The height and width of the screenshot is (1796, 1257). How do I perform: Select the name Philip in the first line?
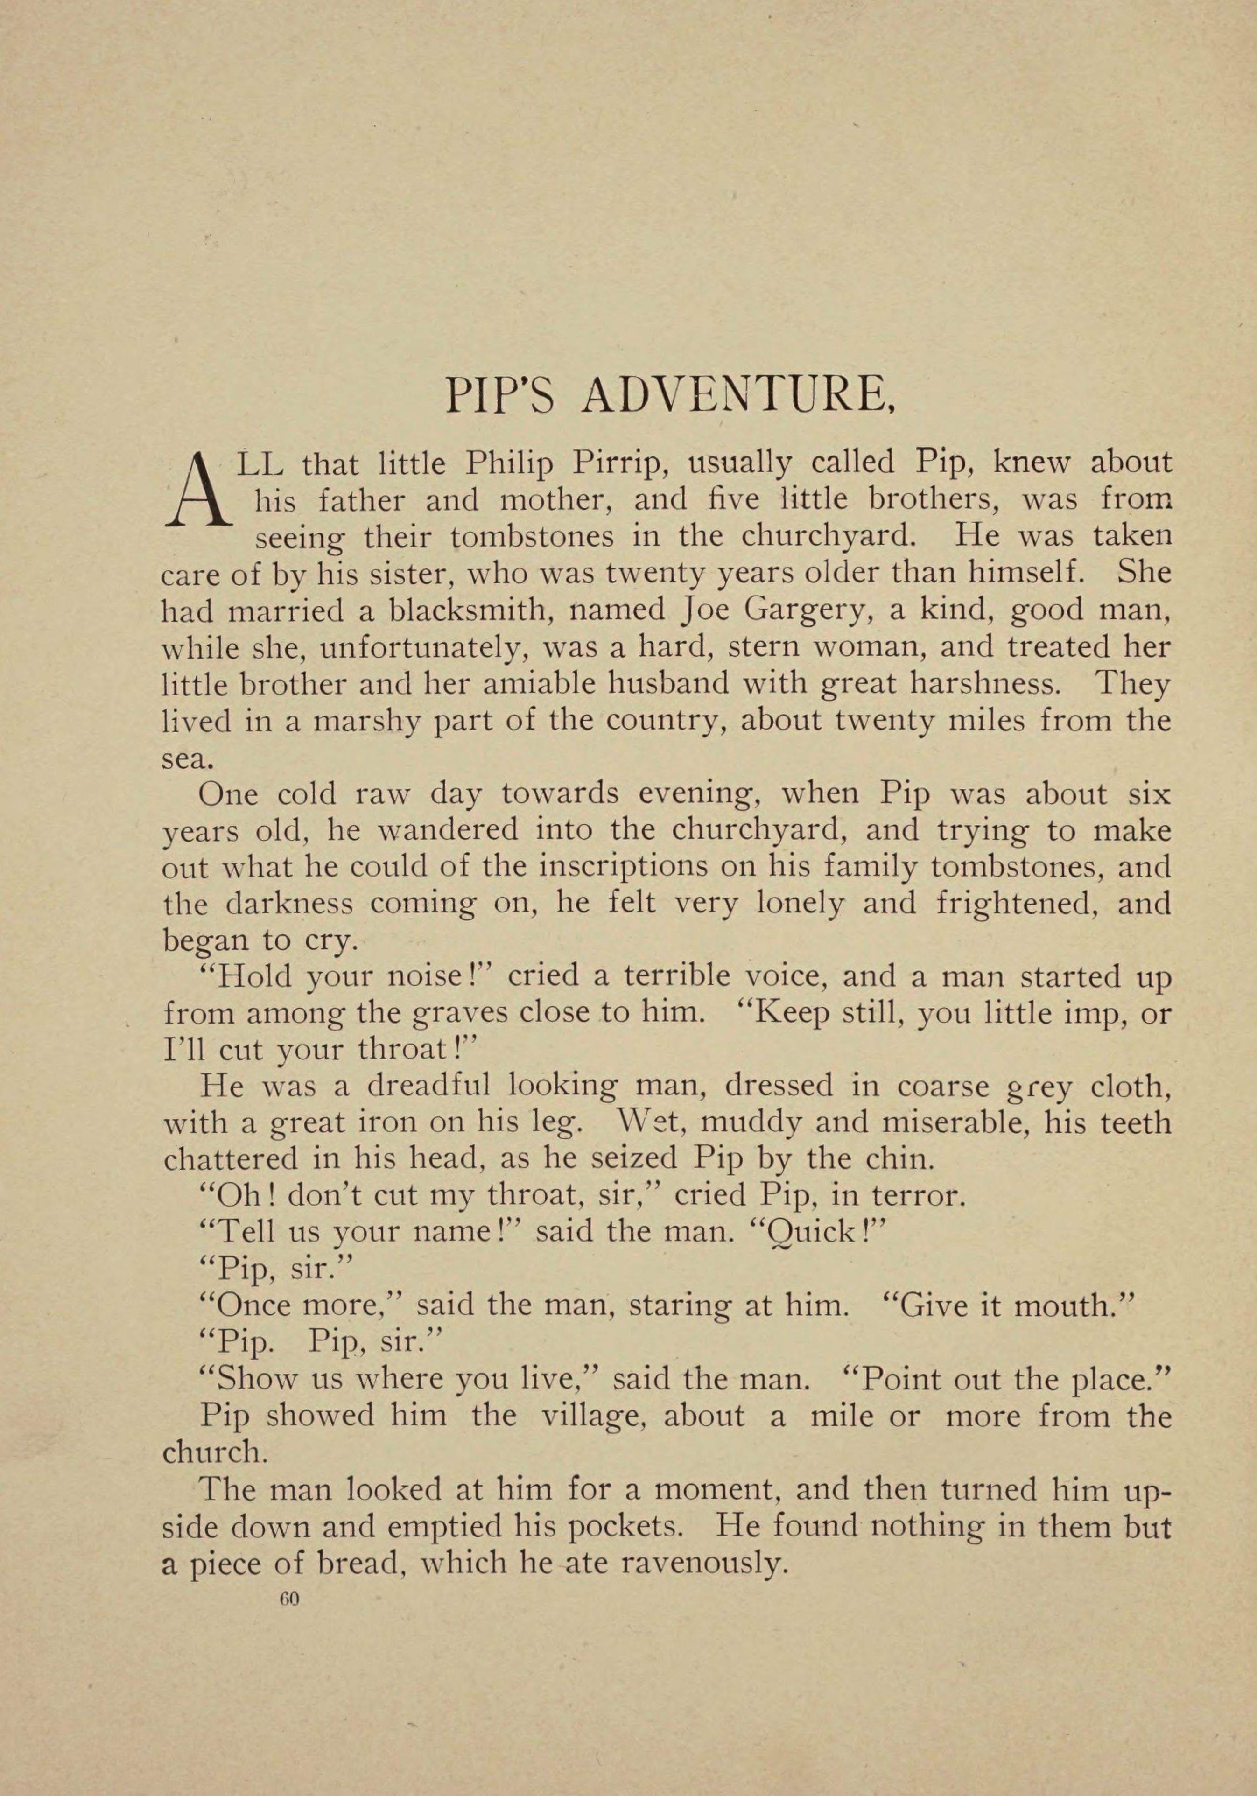pos(508,465)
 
